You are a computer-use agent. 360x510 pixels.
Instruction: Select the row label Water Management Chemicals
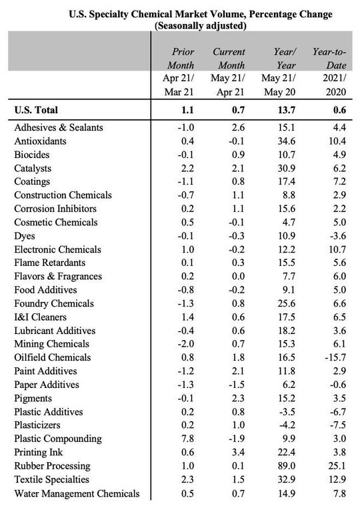point(77,493)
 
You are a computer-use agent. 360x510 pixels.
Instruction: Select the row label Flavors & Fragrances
point(58,276)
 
